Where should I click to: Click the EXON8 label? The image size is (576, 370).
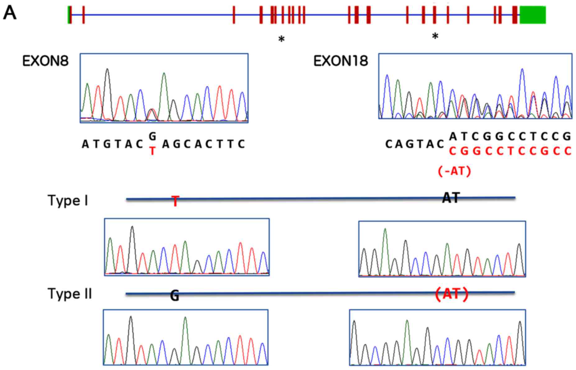[45, 61]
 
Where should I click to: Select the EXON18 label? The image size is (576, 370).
[340, 61]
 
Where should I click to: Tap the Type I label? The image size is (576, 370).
[68, 201]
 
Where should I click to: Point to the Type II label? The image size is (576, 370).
[70, 294]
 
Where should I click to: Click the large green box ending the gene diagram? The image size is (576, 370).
[532, 15]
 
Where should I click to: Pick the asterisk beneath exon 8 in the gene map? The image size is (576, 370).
[281, 39]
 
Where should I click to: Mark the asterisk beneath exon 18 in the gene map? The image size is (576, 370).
[435, 37]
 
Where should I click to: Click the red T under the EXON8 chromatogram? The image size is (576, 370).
[152, 151]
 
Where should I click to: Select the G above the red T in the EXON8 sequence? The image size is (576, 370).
[152, 136]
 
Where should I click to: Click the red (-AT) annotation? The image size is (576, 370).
[454, 171]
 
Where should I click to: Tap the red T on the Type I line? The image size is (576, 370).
[176, 201]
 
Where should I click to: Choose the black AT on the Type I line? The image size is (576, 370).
[451, 197]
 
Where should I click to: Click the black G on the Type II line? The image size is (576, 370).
[175, 296]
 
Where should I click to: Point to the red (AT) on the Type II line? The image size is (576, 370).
[451, 294]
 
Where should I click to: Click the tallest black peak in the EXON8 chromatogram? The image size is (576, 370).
[107, 70]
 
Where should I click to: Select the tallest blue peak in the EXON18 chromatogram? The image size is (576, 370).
[522, 70]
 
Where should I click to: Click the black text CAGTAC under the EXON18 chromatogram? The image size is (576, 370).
[415, 144]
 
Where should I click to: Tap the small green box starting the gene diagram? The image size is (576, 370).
[68, 15]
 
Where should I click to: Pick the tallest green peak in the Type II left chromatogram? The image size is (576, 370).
[185, 318]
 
